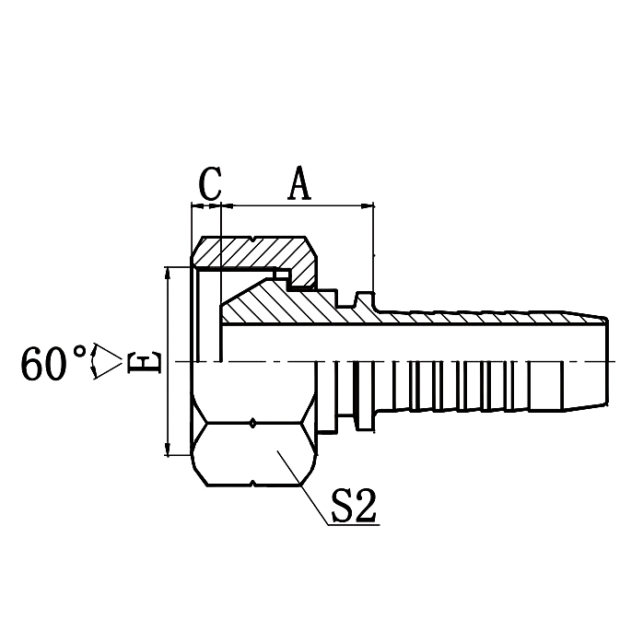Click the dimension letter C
[210, 183]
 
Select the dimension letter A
[299, 183]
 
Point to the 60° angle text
[55, 364]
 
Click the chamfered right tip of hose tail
[604, 361]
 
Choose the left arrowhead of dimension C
[195, 205]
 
